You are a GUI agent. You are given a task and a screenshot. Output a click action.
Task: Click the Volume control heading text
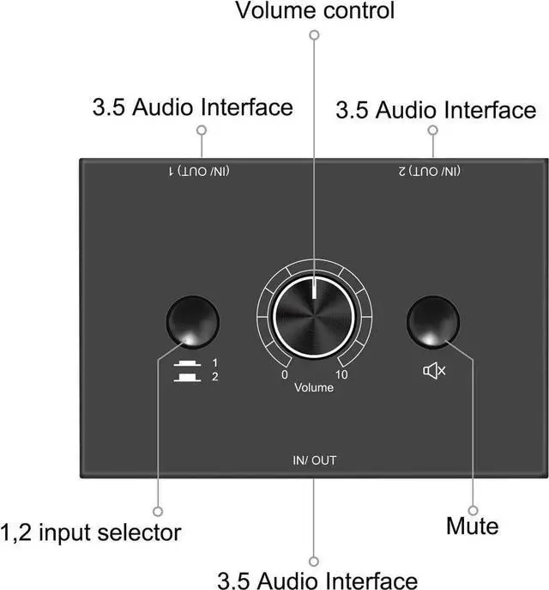coord(315,11)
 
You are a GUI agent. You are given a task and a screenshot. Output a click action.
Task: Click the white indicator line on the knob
coord(314,289)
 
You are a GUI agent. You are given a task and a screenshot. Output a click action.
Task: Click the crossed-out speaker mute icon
coord(435,370)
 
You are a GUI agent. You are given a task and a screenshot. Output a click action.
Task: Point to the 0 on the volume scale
coord(285,375)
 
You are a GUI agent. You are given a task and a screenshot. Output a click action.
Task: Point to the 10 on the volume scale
coord(341,375)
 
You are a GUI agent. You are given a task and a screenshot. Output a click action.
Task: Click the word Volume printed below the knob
coord(314,387)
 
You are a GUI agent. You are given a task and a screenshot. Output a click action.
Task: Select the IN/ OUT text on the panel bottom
coord(314,460)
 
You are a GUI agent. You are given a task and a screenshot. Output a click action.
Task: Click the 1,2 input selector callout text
coord(91,532)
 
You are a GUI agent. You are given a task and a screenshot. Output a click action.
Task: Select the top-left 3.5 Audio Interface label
coord(192,107)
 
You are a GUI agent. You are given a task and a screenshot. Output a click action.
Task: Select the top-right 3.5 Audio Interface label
coord(436,110)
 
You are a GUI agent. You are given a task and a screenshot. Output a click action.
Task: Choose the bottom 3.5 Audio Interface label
coord(317,579)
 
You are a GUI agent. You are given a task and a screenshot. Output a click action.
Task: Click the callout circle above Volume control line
coord(315,35)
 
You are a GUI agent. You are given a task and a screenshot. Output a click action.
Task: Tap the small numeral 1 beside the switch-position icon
coord(214,363)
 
